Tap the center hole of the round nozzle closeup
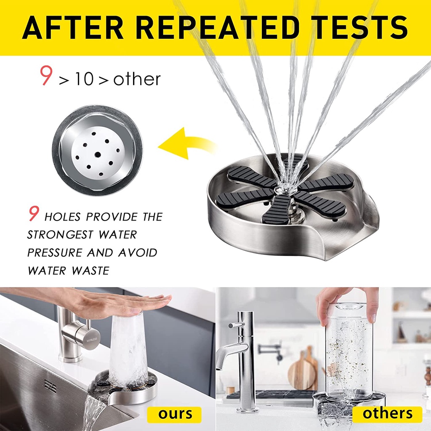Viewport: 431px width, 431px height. tap(97, 154)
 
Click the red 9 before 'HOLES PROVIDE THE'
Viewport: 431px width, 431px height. tap(34, 214)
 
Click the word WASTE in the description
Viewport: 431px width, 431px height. tap(90, 271)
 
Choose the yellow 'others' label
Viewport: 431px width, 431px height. tap(387, 414)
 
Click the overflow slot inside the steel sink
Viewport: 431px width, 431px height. tap(51, 387)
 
